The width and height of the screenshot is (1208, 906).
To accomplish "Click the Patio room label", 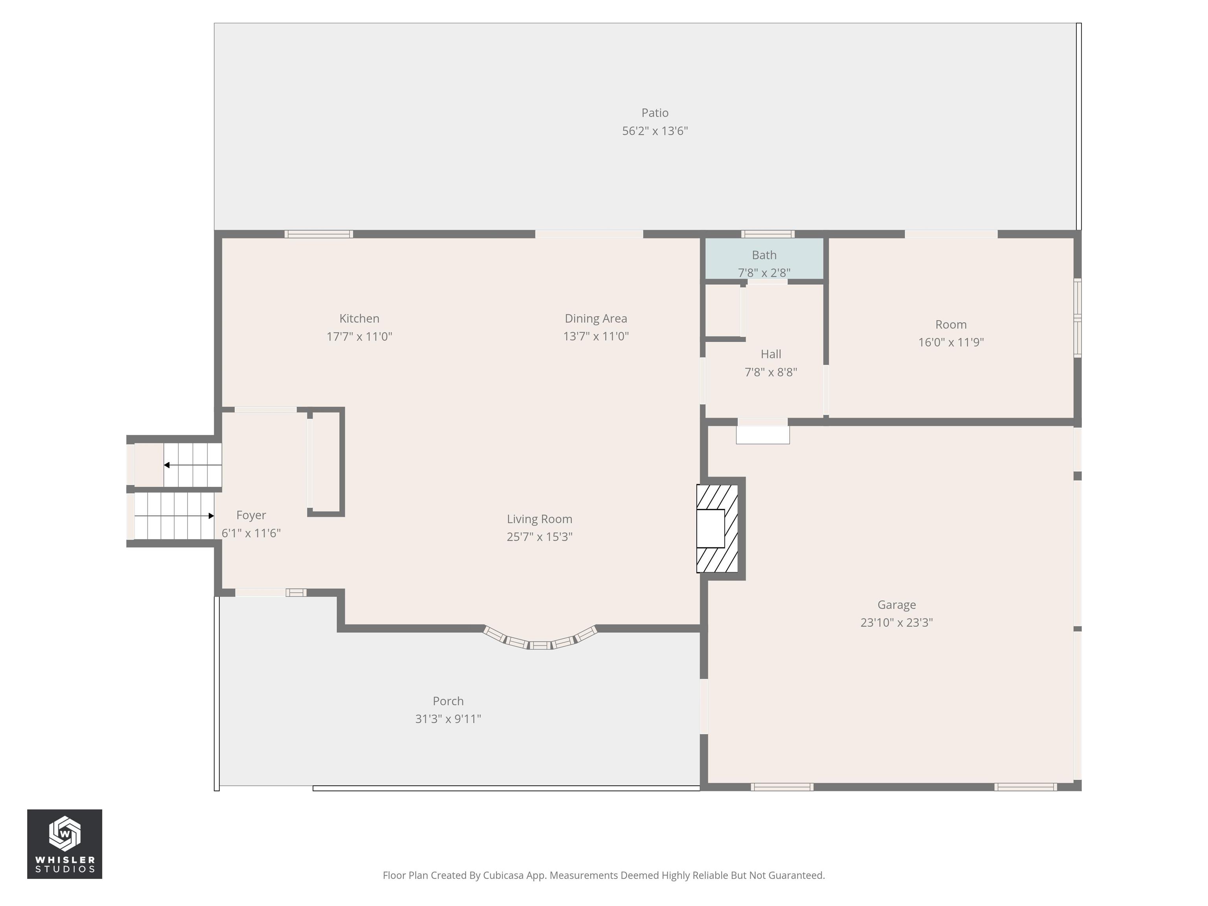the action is [x=655, y=113].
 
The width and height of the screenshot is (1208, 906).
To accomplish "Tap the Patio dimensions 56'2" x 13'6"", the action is [x=655, y=131].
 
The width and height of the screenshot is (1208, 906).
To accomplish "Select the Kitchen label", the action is [x=359, y=319].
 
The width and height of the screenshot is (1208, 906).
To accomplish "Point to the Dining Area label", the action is [x=596, y=319].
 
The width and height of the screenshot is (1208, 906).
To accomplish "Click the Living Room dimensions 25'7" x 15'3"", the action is [x=540, y=537].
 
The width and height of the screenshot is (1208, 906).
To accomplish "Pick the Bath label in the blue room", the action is [x=764, y=255].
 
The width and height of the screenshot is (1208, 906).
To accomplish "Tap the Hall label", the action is [x=771, y=354].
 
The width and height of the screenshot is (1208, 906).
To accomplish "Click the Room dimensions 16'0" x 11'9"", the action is [x=951, y=343].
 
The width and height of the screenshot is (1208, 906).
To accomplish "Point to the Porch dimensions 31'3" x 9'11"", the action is [x=448, y=719].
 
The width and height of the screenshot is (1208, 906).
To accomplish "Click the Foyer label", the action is [x=251, y=515].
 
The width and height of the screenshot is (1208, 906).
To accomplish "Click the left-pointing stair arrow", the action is [x=193, y=465].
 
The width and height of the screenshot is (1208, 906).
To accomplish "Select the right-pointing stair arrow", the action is [x=174, y=516].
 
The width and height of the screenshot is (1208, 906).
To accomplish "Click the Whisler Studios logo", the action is [x=64, y=844].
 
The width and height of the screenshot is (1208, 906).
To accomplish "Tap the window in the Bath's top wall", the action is [x=768, y=234].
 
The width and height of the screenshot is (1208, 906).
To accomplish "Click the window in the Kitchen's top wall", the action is [x=319, y=234].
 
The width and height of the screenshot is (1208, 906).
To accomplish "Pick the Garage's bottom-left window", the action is [x=782, y=787].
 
